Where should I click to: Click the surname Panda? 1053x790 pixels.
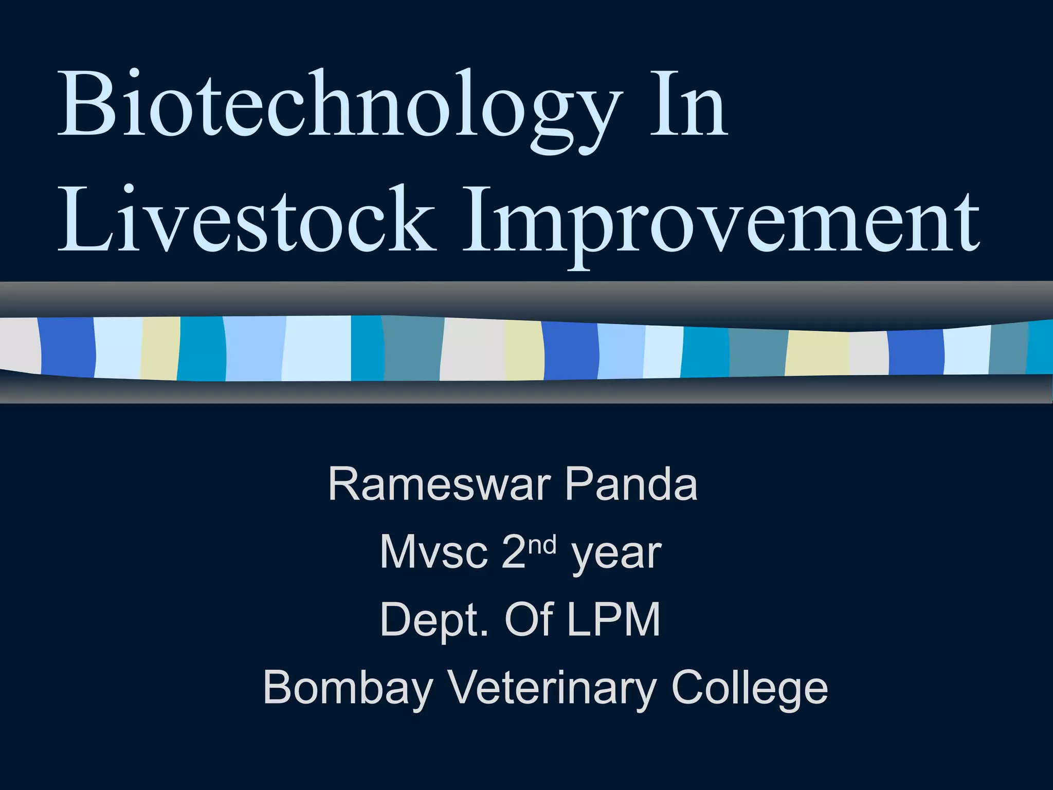(x=631, y=484)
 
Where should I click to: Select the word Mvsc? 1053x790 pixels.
(x=433, y=552)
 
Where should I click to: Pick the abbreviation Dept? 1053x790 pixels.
(x=433, y=621)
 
